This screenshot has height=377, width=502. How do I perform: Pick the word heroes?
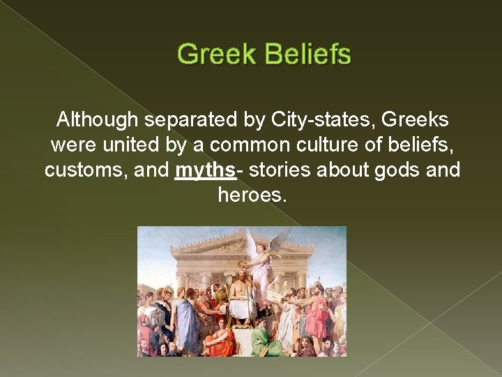coord(251,195)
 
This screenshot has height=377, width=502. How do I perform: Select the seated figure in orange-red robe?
coord(222,341)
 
